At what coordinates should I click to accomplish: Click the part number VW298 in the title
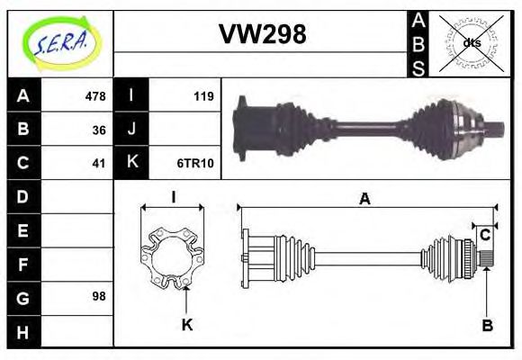coord(263,34)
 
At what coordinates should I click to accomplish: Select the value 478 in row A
coord(94,96)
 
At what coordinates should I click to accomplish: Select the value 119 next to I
coord(202,96)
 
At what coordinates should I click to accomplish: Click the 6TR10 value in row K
coord(194,163)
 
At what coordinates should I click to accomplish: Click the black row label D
coord(23,196)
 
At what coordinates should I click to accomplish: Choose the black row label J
coord(131,130)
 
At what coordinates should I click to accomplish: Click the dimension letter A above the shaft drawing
coord(364,199)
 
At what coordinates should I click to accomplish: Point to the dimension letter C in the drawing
coord(485,235)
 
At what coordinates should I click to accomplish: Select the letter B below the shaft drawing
coord(486,326)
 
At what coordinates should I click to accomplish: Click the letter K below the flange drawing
coord(187,325)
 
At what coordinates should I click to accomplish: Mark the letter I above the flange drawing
coord(173,197)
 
